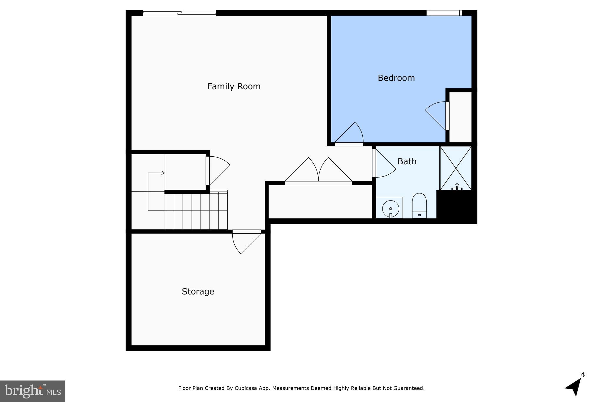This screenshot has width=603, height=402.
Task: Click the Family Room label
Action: [234, 86]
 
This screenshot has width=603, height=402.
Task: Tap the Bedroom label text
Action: [396, 78]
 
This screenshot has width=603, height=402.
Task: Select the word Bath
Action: [407, 161]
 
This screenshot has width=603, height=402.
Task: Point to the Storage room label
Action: [198, 292]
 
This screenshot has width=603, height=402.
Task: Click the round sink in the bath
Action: [390, 209]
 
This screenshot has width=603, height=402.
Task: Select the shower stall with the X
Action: [455, 168]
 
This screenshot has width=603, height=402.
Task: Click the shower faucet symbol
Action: [457, 187]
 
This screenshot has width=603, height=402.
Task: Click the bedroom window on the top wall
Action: [444, 13]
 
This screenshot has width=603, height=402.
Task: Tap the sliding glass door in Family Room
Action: [179, 13]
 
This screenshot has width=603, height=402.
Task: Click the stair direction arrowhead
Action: [163, 173]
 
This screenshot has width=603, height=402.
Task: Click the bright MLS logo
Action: [33, 391]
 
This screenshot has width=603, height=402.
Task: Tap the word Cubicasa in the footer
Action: [245, 388]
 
